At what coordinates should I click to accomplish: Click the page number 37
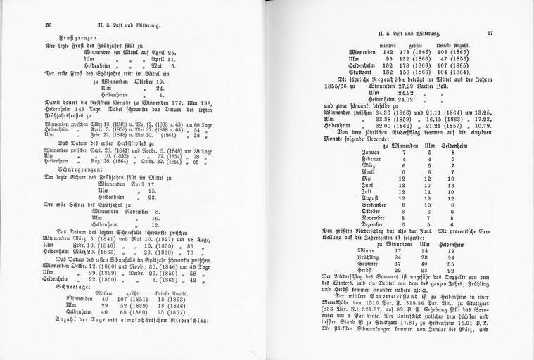click(x=490, y=32)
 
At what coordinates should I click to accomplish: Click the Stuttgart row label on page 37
click(x=367, y=71)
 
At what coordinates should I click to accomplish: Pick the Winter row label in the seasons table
click(x=367, y=250)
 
